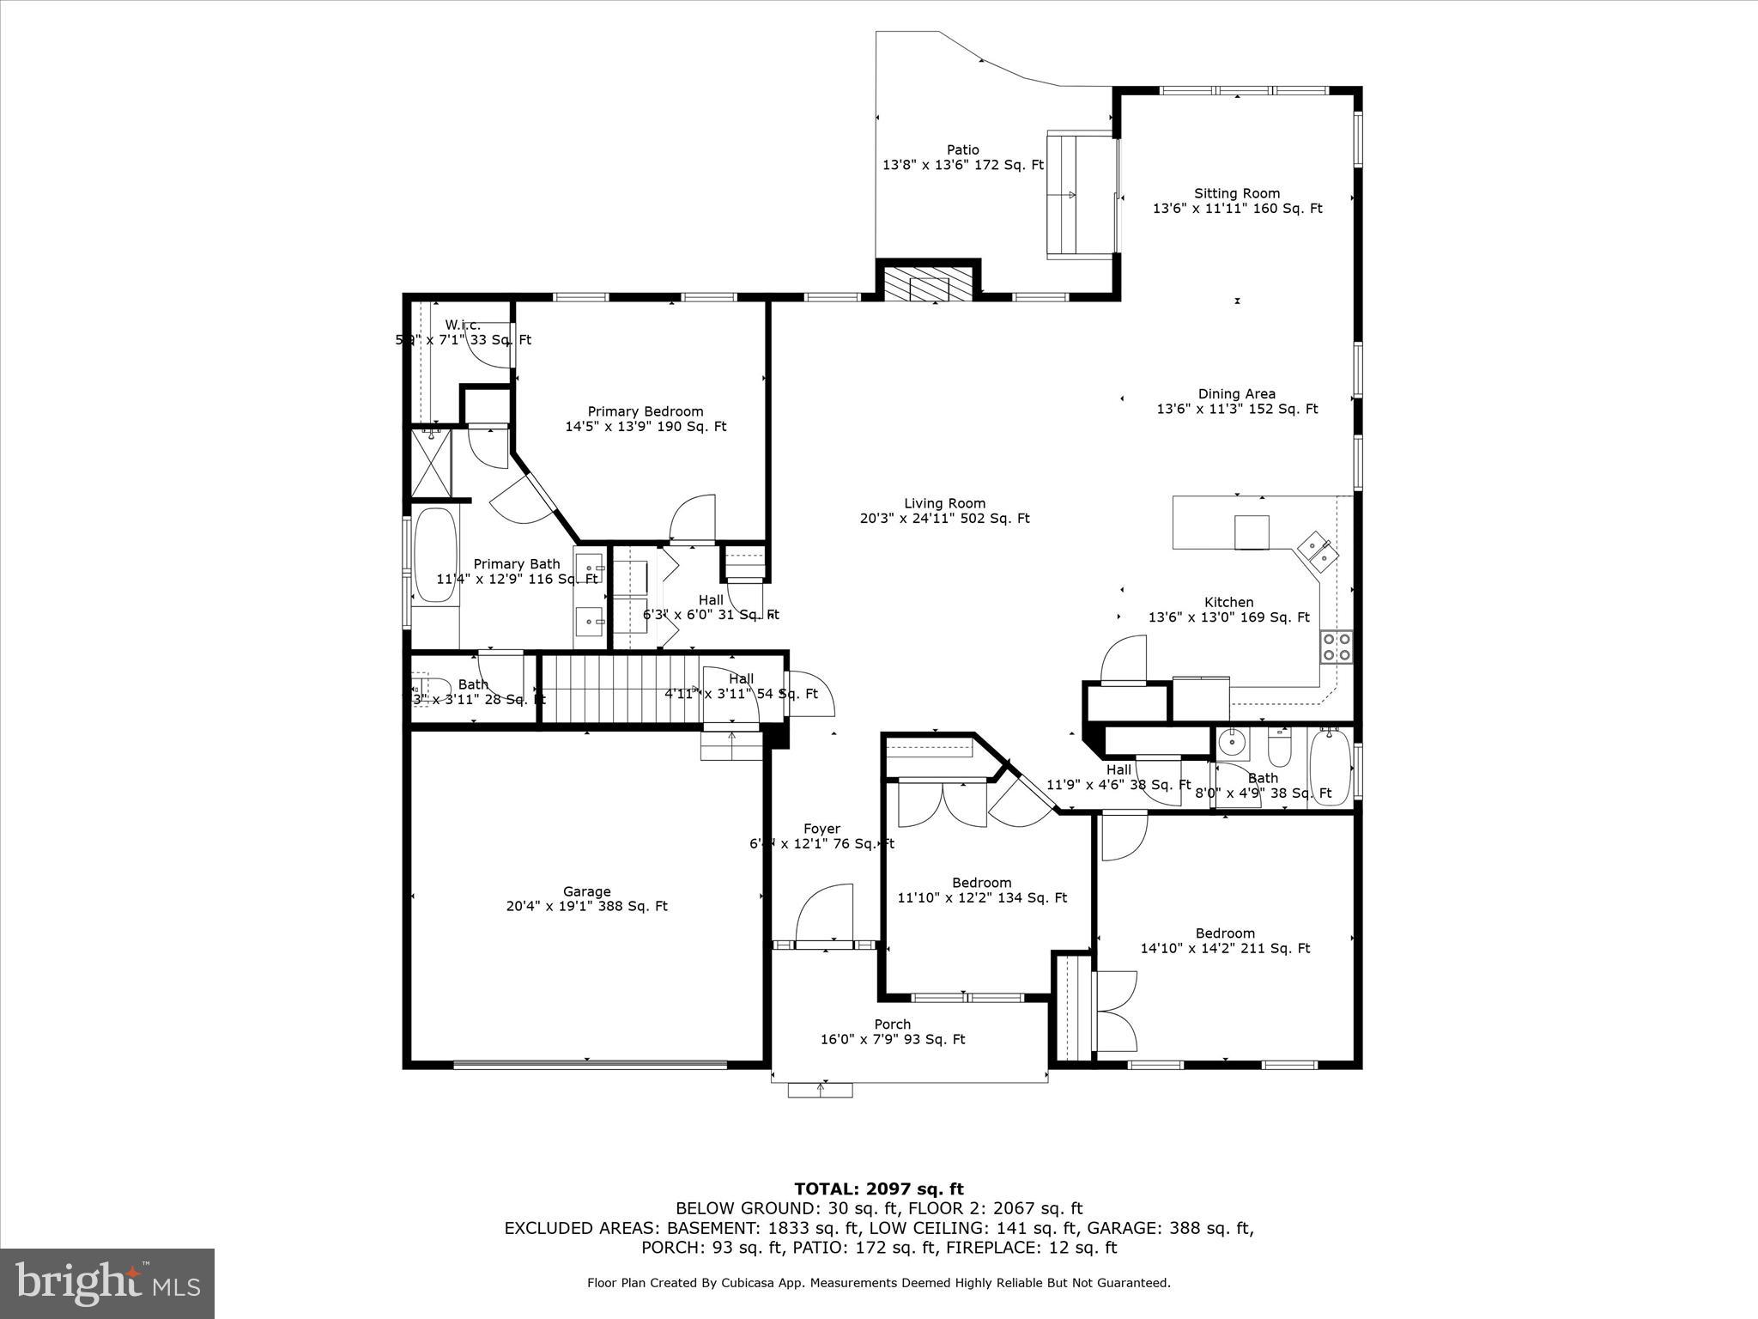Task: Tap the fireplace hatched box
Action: point(918,284)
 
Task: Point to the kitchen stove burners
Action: point(1336,646)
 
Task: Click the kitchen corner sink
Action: point(1317,550)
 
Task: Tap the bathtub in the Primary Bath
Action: point(436,556)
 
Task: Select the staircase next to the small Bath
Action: point(616,690)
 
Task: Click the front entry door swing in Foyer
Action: point(824,916)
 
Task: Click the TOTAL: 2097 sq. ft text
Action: point(878,1189)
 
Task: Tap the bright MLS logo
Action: point(107,1283)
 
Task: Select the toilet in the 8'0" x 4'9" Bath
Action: point(1279,750)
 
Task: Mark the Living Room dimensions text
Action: point(944,519)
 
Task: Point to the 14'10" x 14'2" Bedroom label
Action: point(1224,941)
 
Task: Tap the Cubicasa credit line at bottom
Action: point(878,1283)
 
